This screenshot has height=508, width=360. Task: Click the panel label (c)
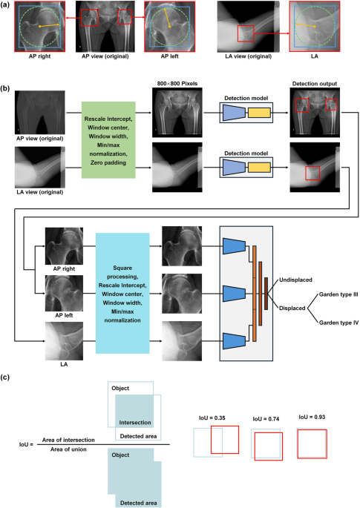[7, 377]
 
